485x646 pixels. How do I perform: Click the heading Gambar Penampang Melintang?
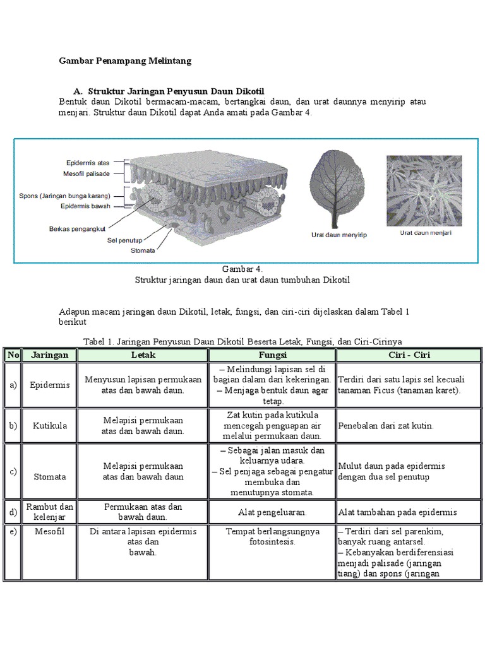pos(125,61)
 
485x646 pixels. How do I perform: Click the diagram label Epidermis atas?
pos(88,163)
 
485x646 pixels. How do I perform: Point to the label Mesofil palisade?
pos(87,173)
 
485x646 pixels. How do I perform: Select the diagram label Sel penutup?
pos(125,240)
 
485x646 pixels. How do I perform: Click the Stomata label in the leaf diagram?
pos(143,250)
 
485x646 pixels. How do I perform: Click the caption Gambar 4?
pos(242,269)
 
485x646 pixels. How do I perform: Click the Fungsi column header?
pos(272,355)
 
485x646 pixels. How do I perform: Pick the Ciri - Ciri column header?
pos(410,355)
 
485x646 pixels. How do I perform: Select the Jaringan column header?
pos(50,355)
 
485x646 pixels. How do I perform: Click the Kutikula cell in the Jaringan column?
pos(50,426)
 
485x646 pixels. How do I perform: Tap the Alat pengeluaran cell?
pos(272,512)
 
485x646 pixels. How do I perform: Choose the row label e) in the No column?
pos(13,531)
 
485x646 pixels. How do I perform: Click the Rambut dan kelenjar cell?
pos(50,512)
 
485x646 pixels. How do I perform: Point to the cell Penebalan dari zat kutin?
pos(386,426)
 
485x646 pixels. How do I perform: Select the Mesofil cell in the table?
pos(50,531)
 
